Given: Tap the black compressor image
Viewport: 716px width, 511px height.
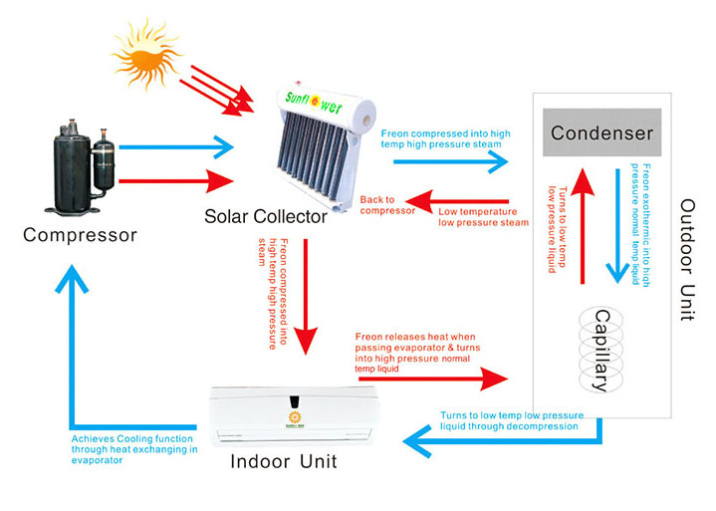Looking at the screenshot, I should point(80,163).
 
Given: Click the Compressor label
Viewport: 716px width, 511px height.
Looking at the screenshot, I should point(80,236).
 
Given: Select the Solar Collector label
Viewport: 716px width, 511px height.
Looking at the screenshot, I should point(266,216).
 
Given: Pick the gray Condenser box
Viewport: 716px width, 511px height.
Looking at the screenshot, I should point(602,132).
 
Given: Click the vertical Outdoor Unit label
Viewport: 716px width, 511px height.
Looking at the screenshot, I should point(686,260).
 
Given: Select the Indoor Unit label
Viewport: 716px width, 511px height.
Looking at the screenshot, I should point(284,461).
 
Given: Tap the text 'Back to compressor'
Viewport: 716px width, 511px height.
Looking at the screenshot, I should point(386,205).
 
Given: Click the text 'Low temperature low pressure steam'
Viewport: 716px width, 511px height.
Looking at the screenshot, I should point(483,216).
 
